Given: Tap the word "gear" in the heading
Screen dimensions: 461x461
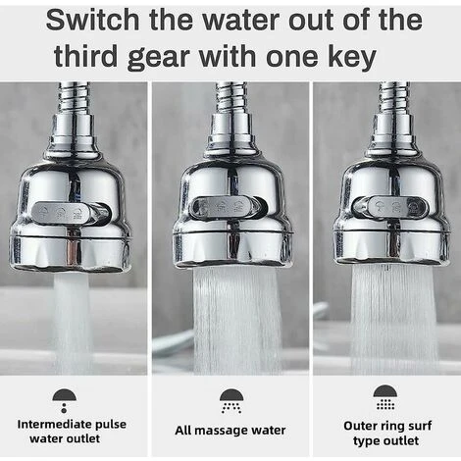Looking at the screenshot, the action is (159, 58).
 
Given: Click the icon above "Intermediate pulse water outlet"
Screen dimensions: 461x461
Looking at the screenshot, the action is (65, 400).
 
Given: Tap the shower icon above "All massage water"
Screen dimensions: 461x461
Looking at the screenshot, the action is (231, 401).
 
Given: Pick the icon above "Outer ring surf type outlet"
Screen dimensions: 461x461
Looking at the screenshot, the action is (385, 397).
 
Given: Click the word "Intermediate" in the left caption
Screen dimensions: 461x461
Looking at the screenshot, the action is (55, 425).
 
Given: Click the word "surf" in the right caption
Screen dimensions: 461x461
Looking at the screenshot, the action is (420, 426).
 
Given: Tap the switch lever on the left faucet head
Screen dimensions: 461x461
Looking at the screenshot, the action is (72, 213).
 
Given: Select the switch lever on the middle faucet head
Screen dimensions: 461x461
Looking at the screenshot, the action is (229, 208).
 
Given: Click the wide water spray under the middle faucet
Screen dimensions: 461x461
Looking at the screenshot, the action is (236, 320).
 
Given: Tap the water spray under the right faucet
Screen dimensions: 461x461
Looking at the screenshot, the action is (393, 319).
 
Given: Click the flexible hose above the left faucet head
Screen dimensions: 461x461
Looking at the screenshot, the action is (74, 98).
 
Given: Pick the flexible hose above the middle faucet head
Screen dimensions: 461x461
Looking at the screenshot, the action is (230, 98).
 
